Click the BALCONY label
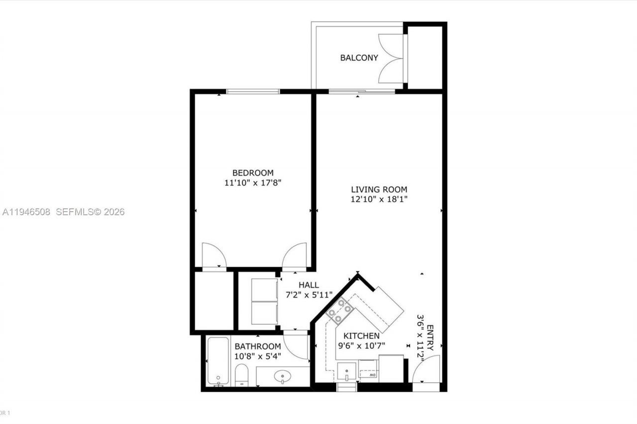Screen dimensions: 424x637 click(359, 58)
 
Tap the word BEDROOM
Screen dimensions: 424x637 click(253, 173)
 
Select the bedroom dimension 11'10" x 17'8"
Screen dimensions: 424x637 click(253, 183)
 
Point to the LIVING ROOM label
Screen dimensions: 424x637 click(379, 189)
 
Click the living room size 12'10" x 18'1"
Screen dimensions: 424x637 click(379, 199)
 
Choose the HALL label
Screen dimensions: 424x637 click(309, 285)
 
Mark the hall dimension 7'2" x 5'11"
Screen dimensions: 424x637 click(309, 294)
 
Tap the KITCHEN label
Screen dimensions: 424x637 click(360, 336)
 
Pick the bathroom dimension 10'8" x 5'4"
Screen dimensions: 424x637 click(258, 356)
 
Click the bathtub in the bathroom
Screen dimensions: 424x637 click(218, 361)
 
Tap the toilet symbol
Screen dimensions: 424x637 click(241, 375)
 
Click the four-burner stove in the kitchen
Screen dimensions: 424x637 click(340, 311)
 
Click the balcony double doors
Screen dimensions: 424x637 click(391, 58)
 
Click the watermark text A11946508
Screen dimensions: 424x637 click(26, 212)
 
